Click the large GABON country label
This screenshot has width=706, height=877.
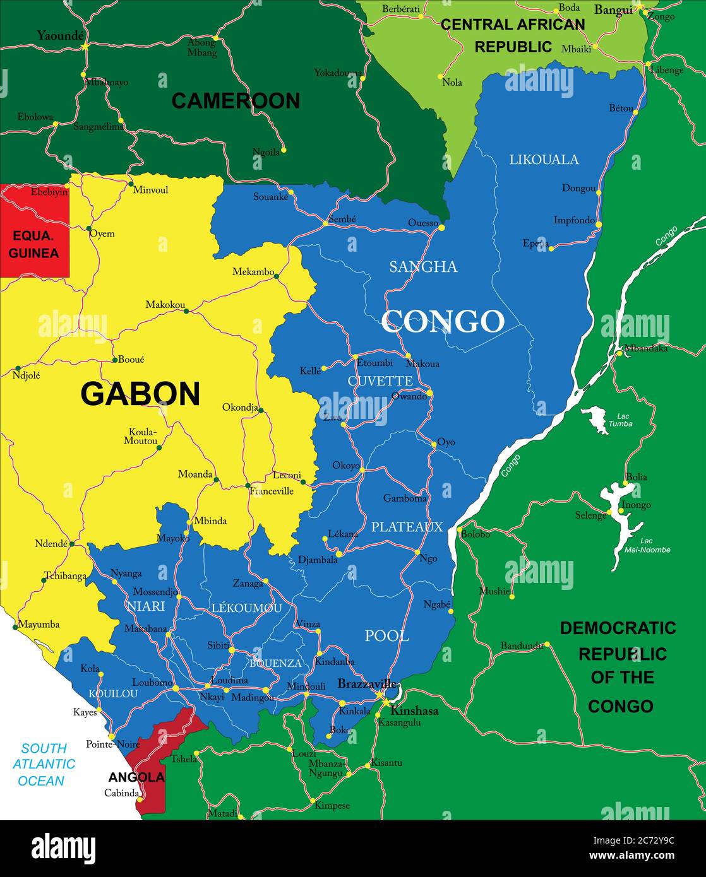tap(140, 394)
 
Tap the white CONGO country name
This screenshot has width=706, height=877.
tap(442, 321)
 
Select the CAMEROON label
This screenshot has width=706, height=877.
tap(236, 101)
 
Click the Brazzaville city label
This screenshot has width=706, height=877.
tap(366, 684)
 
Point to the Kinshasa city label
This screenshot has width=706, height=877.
tap(414, 710)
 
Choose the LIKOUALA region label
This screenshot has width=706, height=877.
tap(544, 160)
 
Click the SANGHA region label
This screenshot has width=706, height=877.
tap(423, 267)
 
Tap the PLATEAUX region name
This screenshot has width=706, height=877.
tap(407, 527)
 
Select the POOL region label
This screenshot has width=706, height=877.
tap(386, 636)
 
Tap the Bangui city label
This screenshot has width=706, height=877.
tap(613, 10)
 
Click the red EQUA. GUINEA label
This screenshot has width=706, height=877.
tap(34, 244)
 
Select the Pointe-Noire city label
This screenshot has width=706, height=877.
tap(112, 745)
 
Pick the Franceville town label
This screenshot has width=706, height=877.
tap(272, 491)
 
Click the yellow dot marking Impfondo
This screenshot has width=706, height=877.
tap(598, 225)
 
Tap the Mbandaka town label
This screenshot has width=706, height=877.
tap(645, 348)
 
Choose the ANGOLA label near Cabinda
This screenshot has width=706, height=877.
tap(136, 777)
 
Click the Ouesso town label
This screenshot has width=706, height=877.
tap(422, 223)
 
